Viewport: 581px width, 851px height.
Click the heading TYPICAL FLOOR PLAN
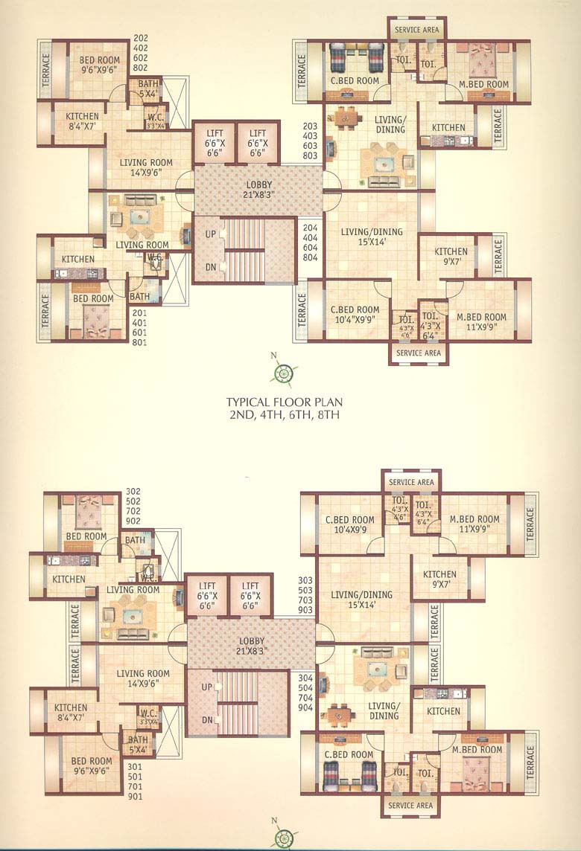283,402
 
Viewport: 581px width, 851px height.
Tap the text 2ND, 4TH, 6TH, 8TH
283,415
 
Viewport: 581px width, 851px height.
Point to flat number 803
311,156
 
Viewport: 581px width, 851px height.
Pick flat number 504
306,688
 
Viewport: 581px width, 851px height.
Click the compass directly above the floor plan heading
283,373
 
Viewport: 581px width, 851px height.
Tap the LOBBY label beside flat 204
258,190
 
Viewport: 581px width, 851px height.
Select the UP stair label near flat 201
211,234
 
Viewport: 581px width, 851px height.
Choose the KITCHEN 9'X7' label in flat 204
451,257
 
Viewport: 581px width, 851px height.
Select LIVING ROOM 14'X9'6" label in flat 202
146,167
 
